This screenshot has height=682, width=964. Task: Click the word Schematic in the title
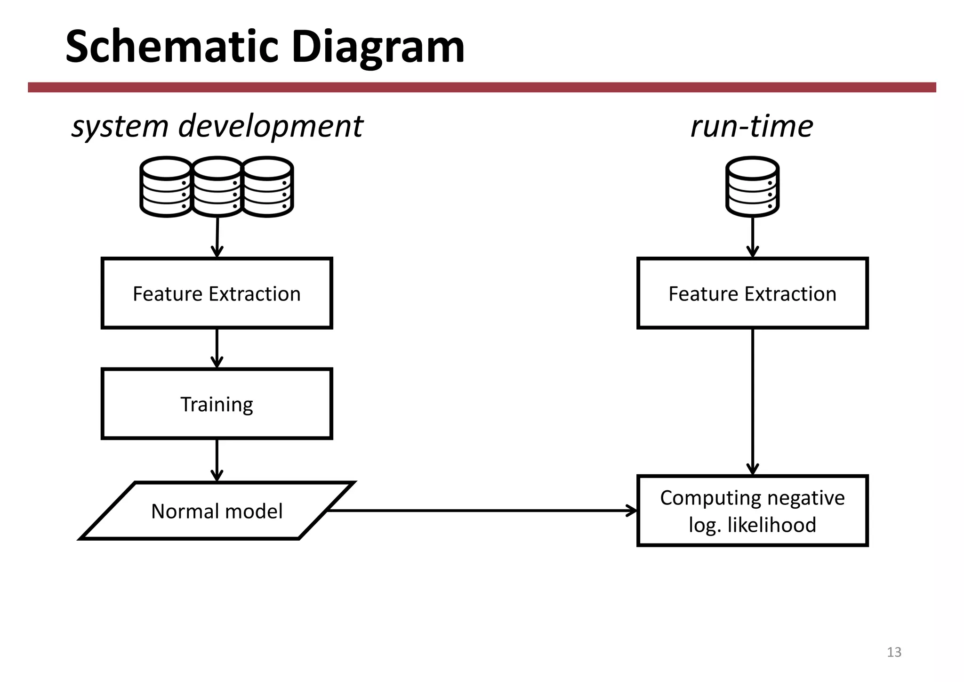click(x=172, y=47)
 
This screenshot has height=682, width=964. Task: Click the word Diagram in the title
click(x=378, y=47)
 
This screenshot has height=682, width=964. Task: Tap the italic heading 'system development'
click(x=217, y=126)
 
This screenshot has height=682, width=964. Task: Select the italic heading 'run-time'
click(x=752, y=126)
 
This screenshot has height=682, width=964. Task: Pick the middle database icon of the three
click(x=217, y=187)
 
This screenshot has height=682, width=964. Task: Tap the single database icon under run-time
click(x=752, y=187)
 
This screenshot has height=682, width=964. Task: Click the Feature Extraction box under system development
click(x=217, y=293)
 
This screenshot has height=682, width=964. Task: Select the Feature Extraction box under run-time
click(x=752, y=293)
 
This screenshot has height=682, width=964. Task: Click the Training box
click(x=217, y=404)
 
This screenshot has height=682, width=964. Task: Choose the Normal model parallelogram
click(x=217, y=511)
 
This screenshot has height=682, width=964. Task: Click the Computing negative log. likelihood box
click(x=752, y=511)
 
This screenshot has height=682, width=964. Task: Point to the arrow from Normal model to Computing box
click(x=480, y=511)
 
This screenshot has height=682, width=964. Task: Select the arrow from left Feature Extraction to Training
click(x=217, y=348)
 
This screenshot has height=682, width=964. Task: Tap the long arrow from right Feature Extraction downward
click(x=753, y=400)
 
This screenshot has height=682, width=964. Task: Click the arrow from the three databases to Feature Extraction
click(x=217, y=237)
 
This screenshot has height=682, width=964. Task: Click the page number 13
click(x=894, y=652)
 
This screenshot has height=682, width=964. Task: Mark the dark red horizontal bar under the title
click(x=482, y=87)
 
